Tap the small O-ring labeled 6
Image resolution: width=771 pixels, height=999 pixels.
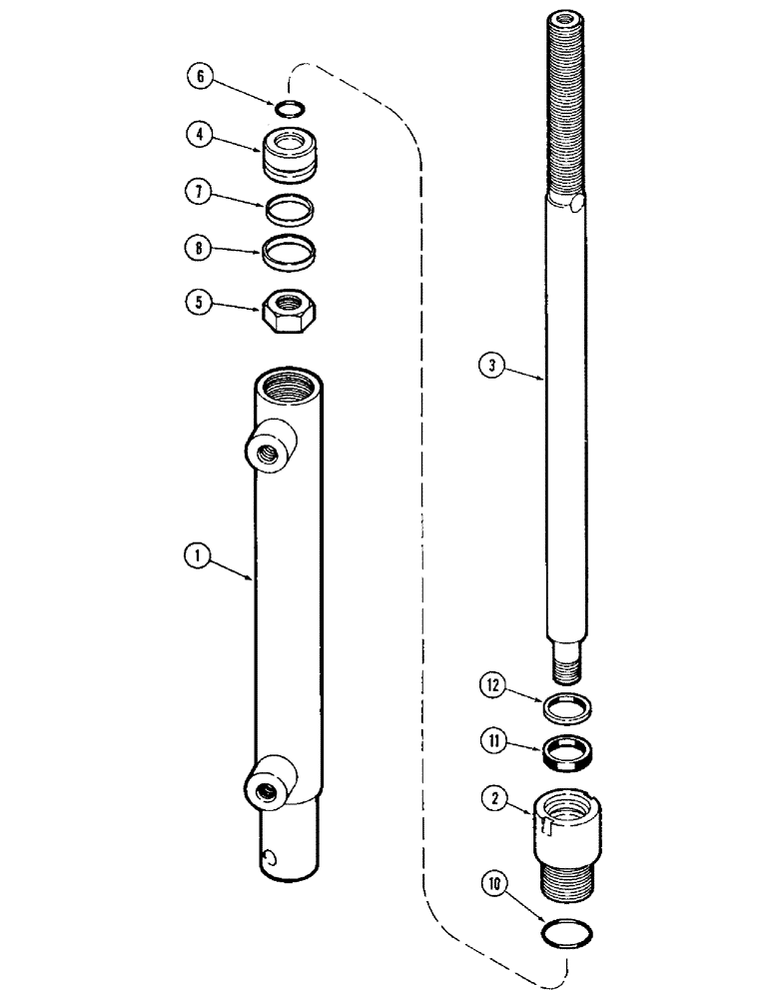(288, 109)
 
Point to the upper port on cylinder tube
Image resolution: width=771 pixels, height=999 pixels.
(271, 450)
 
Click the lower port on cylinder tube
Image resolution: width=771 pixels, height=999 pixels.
(270, 786)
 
